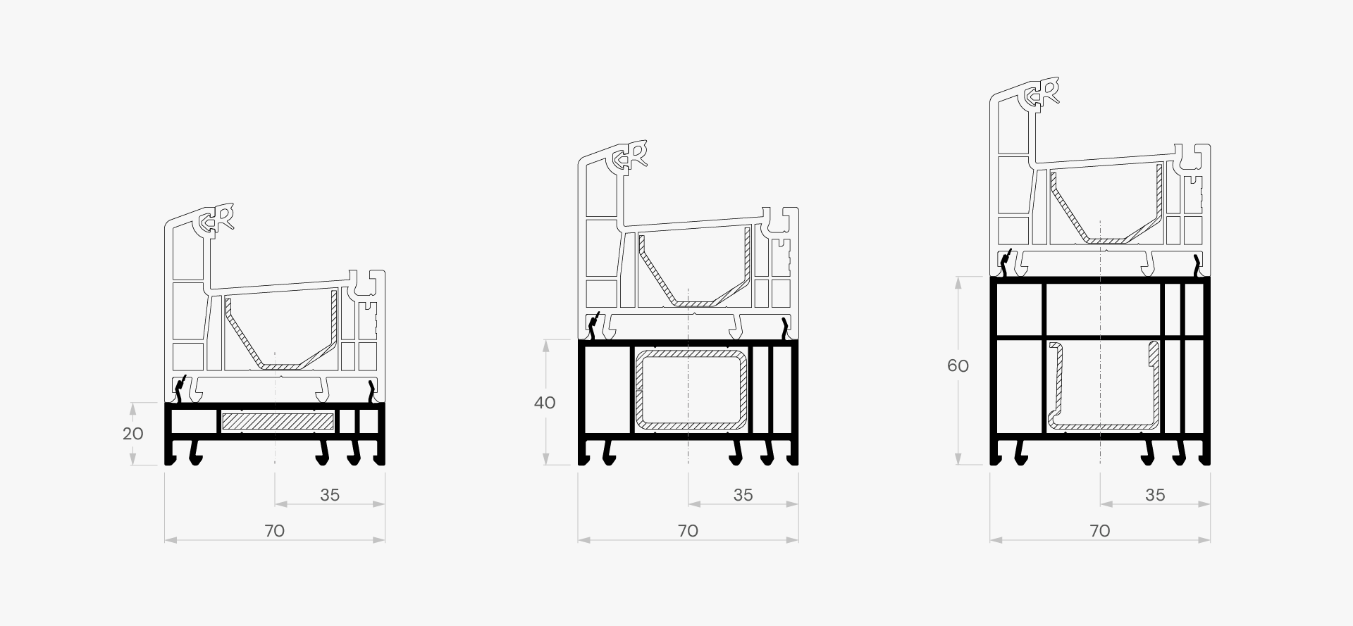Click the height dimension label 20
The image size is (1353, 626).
(x=133, y=434)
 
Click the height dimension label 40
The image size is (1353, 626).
(x=545, y=403)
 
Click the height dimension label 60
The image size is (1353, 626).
(x=958, y=366)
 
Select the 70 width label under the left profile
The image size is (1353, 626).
(x=275, y=531)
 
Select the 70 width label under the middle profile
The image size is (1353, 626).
(x=688, y=531)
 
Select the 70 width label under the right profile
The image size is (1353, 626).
(x=1100, y=531)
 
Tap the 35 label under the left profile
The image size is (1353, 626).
(x=330, y=495)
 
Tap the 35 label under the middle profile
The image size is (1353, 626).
(x=743, y=495)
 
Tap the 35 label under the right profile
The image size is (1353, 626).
(x=1155, y=495)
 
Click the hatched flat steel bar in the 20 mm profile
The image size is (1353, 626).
(x=278, y=422)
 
